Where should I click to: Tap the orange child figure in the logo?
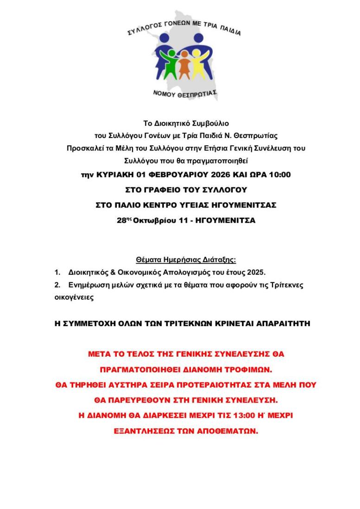pyautogui.click(x=184, y=65)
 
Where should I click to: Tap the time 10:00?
pyautogui.click(x=279, y=175)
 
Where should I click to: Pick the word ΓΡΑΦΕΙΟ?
pyautogui.click(x=162, y=189)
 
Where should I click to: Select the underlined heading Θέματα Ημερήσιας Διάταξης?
pyautogui.click(x=186, y=260)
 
